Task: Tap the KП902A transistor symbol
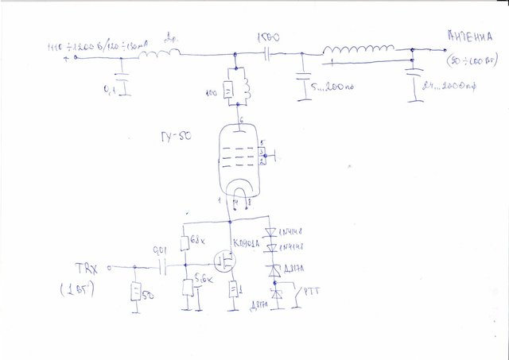pyautogui.click(x=227, y=261)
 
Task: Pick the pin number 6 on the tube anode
pyautogui.click(x=240, y=120)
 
